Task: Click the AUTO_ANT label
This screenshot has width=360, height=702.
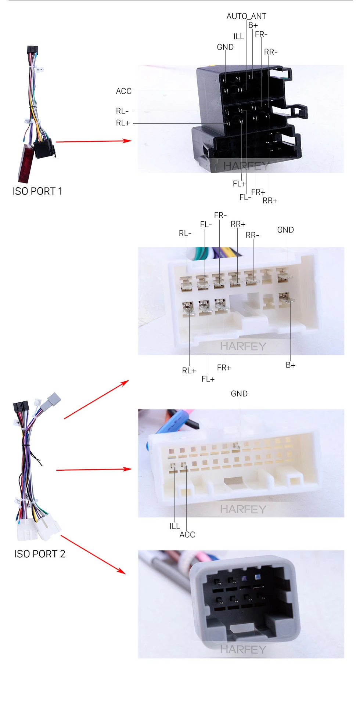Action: pos(246,16)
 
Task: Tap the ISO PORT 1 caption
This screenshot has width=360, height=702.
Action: pos(37,191)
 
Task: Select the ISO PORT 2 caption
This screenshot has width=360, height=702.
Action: pos(40,554)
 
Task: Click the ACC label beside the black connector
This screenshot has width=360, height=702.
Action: pos(123,91)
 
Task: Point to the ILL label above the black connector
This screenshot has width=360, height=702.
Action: pos(238,36)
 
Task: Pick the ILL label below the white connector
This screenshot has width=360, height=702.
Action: pos(174,526)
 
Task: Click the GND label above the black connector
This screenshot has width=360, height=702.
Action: pos(225,47)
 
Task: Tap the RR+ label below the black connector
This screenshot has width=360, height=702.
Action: pos(270,200)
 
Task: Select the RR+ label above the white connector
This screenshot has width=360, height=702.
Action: pos(238,224)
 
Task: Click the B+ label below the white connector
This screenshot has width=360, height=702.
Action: pos(290,365)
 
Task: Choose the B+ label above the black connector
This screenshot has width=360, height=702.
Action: pos(253,25)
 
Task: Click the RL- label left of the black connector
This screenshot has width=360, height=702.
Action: pos(122,111)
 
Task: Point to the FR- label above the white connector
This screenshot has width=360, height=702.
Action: pos(220,215)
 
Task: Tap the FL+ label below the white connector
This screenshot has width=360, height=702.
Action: pos(208,379)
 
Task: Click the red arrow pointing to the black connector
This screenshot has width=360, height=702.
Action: pos(94,141)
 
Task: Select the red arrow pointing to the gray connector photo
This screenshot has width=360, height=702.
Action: pos(93,554)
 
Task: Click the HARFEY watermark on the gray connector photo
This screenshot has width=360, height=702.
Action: pos(243,649)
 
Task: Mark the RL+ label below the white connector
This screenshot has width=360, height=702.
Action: pos(189,370)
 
